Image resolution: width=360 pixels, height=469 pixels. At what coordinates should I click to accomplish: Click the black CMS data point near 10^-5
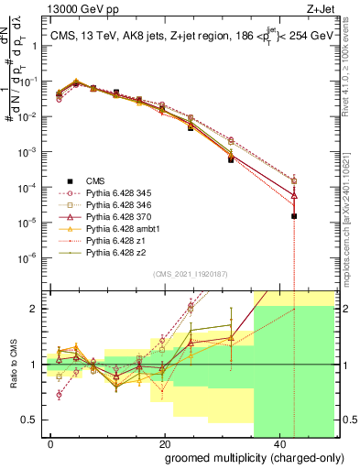[294, 216]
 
